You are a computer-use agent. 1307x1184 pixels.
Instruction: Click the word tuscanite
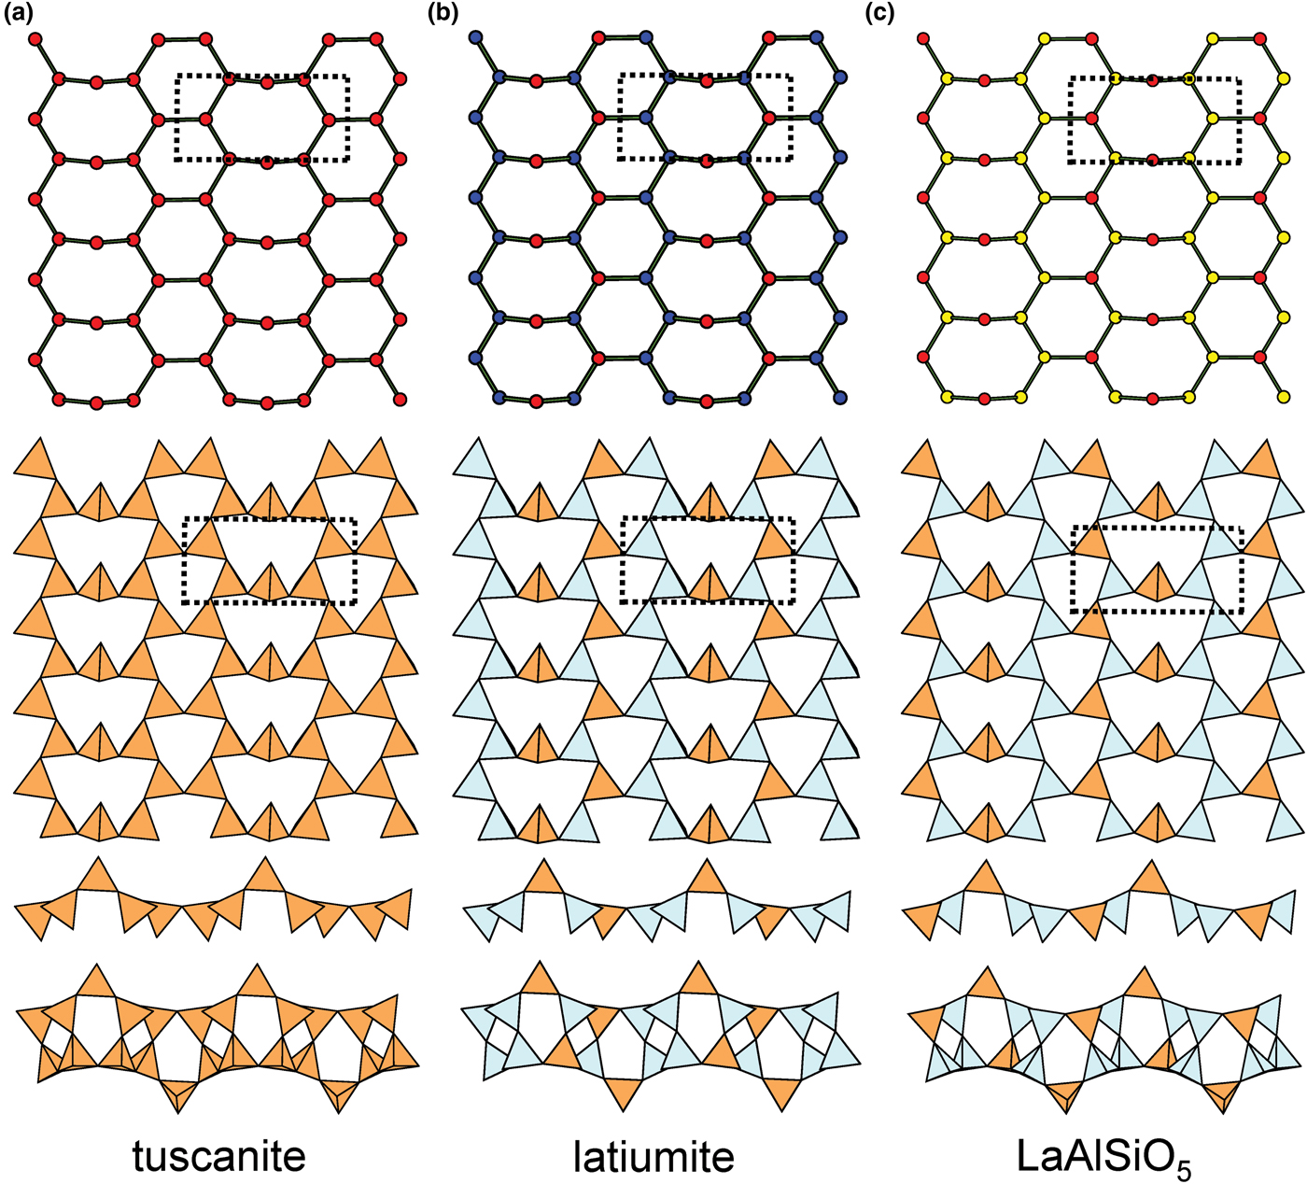[218, 1156]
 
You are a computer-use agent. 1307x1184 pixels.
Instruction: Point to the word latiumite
[653, 1156]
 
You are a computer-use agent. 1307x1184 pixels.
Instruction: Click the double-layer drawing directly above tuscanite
[217, 1036]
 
